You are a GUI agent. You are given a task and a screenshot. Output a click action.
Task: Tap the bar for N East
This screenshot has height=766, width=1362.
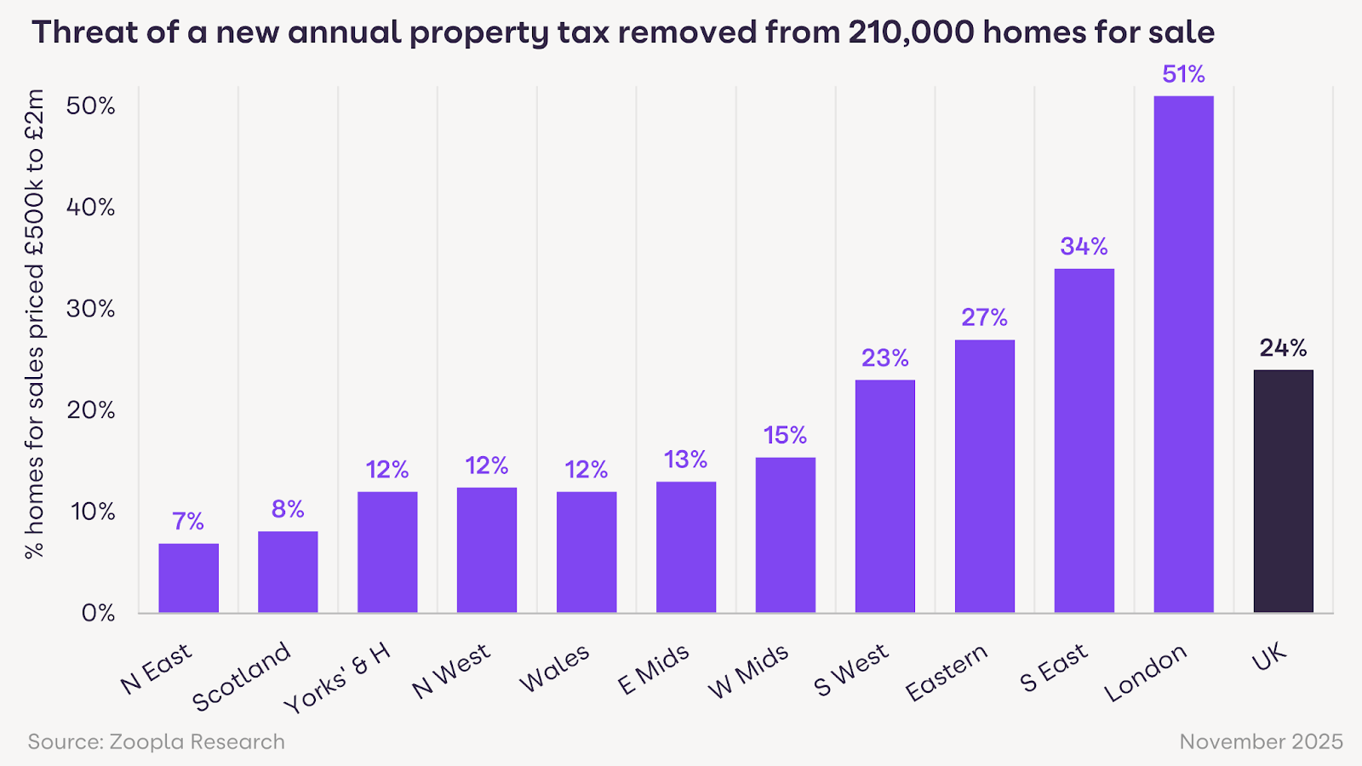pyautogui.click(x=188, y=578)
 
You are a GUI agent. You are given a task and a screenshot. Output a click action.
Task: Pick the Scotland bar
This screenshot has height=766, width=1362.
pyautogui.click(x=288, y=572)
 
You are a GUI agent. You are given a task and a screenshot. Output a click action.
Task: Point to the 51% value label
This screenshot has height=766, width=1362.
pyautogui.click(x=1183, y=75)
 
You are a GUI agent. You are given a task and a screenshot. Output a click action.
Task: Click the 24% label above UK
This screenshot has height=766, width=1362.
pyautogui.click(x=1283, y=348)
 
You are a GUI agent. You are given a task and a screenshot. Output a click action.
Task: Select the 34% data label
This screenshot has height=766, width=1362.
pyautogui.click(x=1084, y=247)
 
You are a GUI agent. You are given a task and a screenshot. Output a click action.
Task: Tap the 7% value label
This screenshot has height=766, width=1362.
pyautogui.click(x=188, y=521)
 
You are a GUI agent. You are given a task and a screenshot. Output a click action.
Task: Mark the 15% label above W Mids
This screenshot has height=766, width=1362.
pyautogui.click(x=785, y=436)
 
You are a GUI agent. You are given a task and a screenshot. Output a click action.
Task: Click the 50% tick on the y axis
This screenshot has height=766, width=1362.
pyautogui.click(x=90, y=106)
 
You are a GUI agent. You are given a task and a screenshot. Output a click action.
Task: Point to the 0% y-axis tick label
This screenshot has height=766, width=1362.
pyautogui.click(x=98, y=613)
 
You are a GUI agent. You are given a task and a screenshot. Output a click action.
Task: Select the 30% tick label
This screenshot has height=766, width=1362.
pyautogui.click(x=90, y=309)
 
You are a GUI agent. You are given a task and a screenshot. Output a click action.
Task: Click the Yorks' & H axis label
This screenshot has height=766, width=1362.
pyautogui.click(x=337, y=678)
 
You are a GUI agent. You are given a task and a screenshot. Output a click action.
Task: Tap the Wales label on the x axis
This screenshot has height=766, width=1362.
pyautogui.click(x=554, y=668)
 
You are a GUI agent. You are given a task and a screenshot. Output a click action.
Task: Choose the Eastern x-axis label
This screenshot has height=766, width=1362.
pyautogui.click(x=946, y=672)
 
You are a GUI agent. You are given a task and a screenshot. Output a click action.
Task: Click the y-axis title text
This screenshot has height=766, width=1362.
pyautogui.click(x=34, y=323)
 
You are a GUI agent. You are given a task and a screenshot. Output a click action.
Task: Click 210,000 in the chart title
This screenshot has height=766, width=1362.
pyautogui.click(x=911, y=32)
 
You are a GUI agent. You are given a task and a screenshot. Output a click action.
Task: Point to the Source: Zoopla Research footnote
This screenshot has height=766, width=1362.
pyautogui.click(x=156, y=742)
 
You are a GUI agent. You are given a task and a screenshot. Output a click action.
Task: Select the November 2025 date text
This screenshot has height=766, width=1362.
pyautogui.click(x=1261, y=742)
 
